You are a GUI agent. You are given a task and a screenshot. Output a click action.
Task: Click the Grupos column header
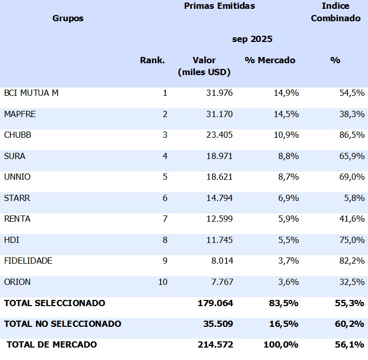pyautogui.click(x=68, y=19)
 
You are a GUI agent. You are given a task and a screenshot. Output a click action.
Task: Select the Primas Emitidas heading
pyautogui.click(x=219, y=6)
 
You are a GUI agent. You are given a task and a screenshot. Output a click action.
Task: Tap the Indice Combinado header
pyautogui.click(x=335, y=12)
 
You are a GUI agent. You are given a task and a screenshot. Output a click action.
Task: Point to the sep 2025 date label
pyautogui.click(x=252, y=39)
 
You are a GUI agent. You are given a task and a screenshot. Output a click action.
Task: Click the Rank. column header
pyautogui.click(x=152, y=60)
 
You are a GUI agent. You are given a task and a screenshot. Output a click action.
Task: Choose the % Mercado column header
pyautogui.click(x=270, y=60)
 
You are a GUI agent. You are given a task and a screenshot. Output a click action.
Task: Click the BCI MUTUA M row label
pyautogui.click(x=32, y=93)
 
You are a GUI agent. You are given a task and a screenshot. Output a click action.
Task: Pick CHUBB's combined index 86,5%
pyautogui.click(x=351, y=135)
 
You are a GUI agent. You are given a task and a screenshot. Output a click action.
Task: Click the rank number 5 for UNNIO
pyautogui.click(x=165, y=177)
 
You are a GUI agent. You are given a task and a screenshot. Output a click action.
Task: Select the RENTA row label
pyautogui.click(x=17, y=219)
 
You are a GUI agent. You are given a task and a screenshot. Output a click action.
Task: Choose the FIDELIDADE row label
pyautogui.click(x=28, y=261)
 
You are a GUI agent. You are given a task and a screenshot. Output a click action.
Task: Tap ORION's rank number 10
pyautogui.click(x=163, y=282)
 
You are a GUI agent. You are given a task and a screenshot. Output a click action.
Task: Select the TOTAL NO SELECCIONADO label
pyautogui.click(x=63, y=324)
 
